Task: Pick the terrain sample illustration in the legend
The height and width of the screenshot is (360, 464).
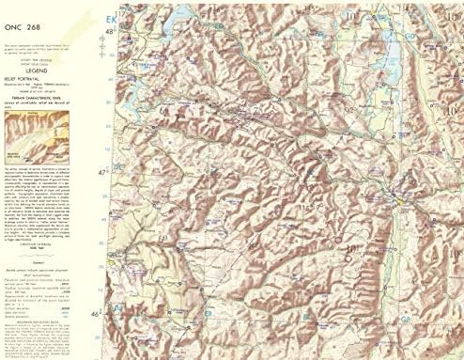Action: (x=27, y=137)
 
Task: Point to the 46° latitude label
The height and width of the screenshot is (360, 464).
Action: (x=107, y=312)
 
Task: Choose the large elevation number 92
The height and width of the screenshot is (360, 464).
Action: (x=349, y=110)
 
